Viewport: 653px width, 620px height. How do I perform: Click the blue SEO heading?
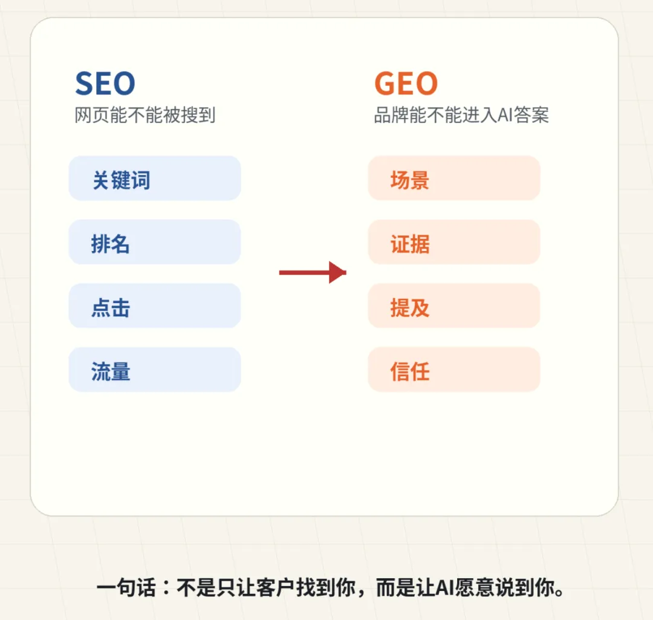(x=105, y=84)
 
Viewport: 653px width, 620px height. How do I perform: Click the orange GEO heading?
(x=405, y=84)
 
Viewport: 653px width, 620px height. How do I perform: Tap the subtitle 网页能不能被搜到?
(x=145, y=115)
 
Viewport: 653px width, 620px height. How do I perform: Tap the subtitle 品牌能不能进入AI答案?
(x=461, y=115)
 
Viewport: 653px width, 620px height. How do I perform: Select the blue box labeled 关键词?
(x=155, y=178)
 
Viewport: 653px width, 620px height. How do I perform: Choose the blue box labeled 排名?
(x=155, y=242)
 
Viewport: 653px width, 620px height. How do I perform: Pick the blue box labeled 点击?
(x=155, y=306)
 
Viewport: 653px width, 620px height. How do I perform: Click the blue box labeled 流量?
(x=155, y=370)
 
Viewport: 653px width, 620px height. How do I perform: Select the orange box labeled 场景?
(x=453, y=178)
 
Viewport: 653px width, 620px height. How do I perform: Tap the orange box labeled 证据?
(x=453, y=242)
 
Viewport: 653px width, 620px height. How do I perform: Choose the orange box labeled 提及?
(x=453, y=306)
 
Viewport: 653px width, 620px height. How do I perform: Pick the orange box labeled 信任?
(x=453, y=370)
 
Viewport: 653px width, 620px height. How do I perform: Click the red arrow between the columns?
(x=311, y=273)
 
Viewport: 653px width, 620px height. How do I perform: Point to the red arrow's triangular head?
(x=337, y=273)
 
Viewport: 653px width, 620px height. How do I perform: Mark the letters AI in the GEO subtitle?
(x=505, y=115)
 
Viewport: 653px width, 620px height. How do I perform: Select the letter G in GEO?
(x=386, y=84)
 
